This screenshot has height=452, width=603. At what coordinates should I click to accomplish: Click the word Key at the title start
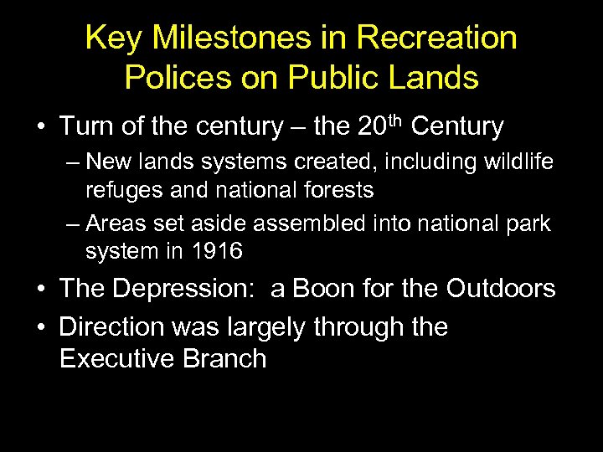pyautogui.click(x=110, y=38)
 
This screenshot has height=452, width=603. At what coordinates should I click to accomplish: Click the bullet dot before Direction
pyautogui.click(x=40, y=326)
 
